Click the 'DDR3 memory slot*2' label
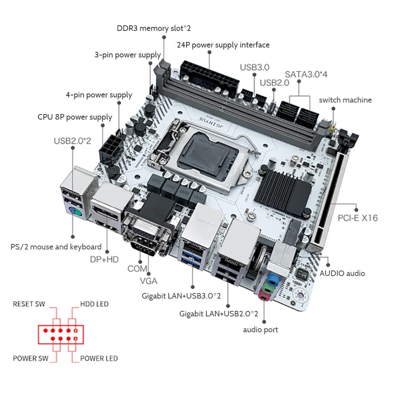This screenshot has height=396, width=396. (154, 28)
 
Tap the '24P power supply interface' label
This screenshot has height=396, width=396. (223, 45)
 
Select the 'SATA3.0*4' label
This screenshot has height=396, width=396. (306, 74)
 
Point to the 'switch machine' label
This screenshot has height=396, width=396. (345, 100)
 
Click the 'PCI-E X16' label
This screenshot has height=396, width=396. (358, 218)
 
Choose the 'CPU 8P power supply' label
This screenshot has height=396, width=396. (75, 117)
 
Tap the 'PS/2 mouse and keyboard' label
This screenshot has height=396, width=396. (56, 247)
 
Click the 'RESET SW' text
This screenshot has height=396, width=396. (29, 304)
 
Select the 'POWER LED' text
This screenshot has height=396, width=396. (99, 358)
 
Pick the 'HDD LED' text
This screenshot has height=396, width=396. (94, 304)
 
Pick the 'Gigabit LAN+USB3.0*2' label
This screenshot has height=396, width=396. (181, 296)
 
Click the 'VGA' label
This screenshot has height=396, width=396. (149, 281)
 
